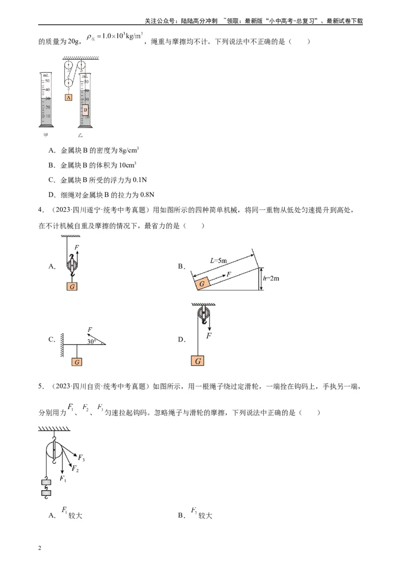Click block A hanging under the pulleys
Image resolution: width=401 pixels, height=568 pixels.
pos(69,97)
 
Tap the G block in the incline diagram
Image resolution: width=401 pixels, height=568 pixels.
pos(202,283)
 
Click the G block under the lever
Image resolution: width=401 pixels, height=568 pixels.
pos(77,362)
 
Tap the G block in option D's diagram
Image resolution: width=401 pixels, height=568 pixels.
pos(198,361)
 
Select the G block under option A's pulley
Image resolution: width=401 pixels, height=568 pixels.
pos(73,287)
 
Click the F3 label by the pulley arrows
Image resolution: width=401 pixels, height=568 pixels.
pos(81,458)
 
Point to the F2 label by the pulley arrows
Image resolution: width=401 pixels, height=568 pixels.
pos(75,469)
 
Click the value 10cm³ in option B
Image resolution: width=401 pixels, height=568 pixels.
pos(127,165)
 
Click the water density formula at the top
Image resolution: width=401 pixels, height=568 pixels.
pos(114,37)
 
